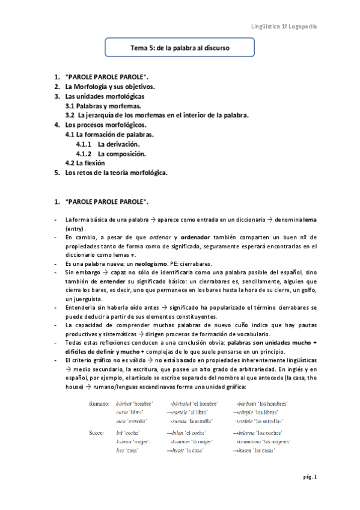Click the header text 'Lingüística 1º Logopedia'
click(x=284, y=27)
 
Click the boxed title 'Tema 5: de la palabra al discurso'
click(x=180, y=46)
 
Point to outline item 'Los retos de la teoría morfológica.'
click(x=115, y=173)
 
